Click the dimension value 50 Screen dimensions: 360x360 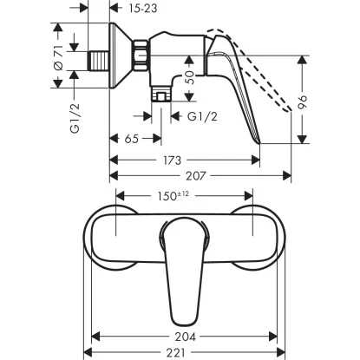tap(190, 81)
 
